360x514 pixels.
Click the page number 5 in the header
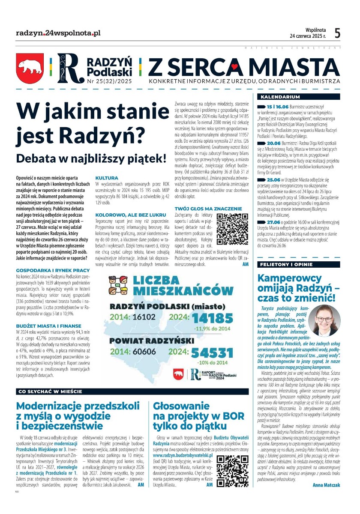[337, 33]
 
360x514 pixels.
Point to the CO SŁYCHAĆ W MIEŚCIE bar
[49, 391]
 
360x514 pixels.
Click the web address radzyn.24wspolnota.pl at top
[58, 33]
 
